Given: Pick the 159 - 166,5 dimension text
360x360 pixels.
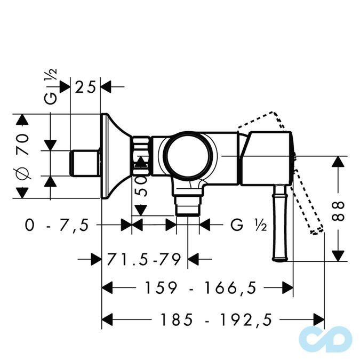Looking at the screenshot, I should point(198,289).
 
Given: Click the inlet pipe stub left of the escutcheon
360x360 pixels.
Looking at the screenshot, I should point(85,163).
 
